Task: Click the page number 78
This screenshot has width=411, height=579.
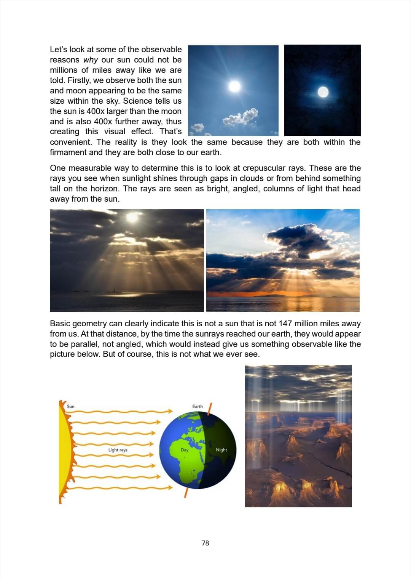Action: [205, 543]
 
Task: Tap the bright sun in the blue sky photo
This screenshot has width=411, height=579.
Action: [234, 86]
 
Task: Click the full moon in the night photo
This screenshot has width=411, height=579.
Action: [323, 92]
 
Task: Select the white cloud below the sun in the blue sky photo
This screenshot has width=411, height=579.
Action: [241, 117]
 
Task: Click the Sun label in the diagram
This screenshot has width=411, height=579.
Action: [71, 406]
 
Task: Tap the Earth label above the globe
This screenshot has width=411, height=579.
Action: [198, 406]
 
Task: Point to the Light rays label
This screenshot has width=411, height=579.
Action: [118, 450]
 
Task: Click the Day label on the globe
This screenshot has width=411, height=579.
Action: [185, 450]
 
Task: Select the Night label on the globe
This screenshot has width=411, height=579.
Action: [221, 450]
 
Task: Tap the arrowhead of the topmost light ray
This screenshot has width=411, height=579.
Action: [170, 411]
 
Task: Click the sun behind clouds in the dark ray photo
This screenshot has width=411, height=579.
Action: [132, 218]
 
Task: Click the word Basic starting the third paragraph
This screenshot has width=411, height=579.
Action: [60, 324]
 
